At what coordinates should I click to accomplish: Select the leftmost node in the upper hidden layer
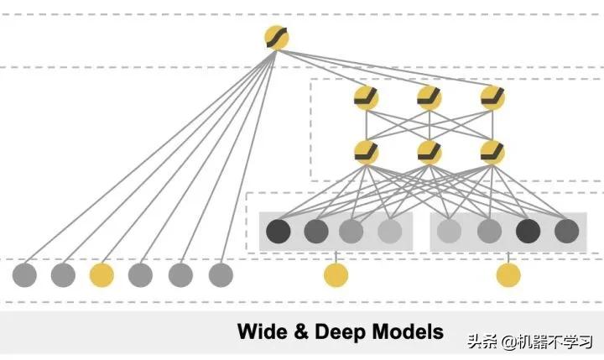(x=367, y=99)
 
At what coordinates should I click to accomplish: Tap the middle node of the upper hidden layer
(x=430, y=99)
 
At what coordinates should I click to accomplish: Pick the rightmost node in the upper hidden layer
(x=492, y=99)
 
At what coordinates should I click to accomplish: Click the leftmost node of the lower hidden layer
(x=367, y=152)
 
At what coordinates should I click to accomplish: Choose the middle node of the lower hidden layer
(x=430, y=152)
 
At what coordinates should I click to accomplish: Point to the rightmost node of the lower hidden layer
(x=492, y=152)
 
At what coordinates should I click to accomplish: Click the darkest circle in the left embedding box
(x=278, y=230)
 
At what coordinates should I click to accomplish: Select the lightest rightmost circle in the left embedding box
(x=390, y=230)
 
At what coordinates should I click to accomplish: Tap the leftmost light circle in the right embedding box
(x=450, y=230)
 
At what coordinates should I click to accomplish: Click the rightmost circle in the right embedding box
(x=566, y=230)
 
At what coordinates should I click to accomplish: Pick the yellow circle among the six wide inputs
(x=102, y=274)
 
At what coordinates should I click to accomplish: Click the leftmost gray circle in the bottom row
(x=24, y=274)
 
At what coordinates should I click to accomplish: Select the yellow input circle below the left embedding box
(x=336, y=274)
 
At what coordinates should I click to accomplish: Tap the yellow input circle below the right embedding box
(x=508, y=274)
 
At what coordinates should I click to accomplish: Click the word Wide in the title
(x=263, y=331)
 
